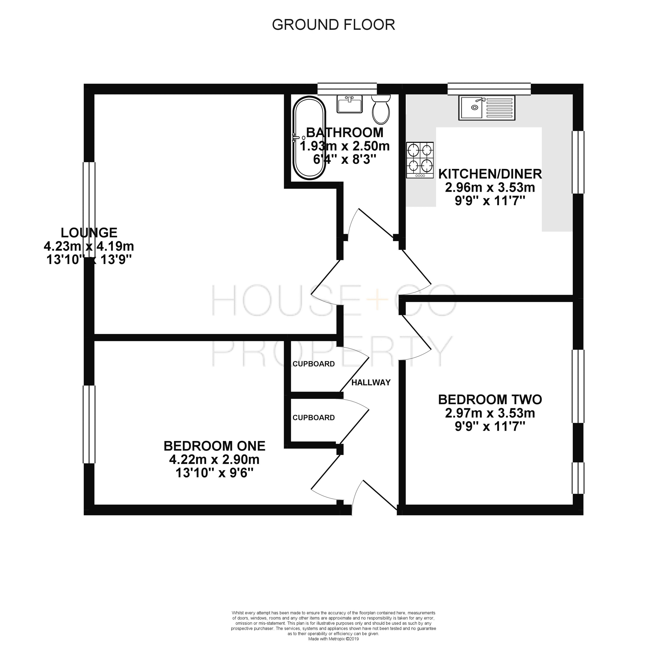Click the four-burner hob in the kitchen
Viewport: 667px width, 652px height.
click(420, 160)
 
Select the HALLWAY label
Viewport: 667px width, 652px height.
click(371, 383)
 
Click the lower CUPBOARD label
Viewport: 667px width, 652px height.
click(314, 418)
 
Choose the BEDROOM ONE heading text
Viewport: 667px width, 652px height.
click(215, 446)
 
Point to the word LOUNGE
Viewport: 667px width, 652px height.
click(89, 233)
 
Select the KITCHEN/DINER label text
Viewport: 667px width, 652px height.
click(490, 174)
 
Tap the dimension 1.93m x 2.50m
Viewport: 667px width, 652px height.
click(345, 146)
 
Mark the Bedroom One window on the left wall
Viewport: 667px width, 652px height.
click(89, 425)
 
